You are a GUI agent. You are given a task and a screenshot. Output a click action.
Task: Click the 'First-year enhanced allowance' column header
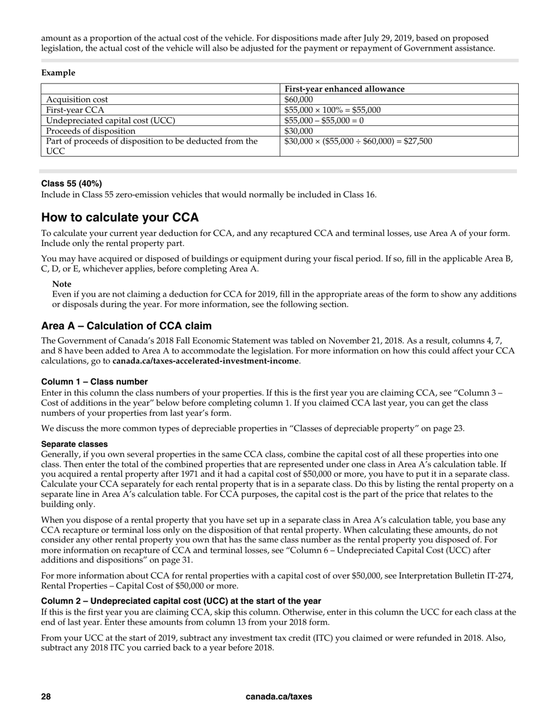(x=344, y=89)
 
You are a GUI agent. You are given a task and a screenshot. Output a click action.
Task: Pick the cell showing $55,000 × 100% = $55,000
(x=332, y=109)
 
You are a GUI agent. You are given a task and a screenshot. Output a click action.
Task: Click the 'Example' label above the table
(x=58, y=73)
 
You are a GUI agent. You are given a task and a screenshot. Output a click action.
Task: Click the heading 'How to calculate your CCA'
(x=120, y=217)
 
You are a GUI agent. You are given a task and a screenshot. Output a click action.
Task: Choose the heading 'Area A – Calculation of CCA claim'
(x=126, y=326)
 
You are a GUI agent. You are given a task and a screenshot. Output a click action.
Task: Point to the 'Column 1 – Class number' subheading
(x=94, y=381)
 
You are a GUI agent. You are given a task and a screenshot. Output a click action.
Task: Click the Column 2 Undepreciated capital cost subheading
(x=181, y=601)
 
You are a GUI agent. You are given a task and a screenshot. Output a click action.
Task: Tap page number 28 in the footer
(x=46, y=696)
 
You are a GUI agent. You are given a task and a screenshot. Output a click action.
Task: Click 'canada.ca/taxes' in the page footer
(x=279, y=696)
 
